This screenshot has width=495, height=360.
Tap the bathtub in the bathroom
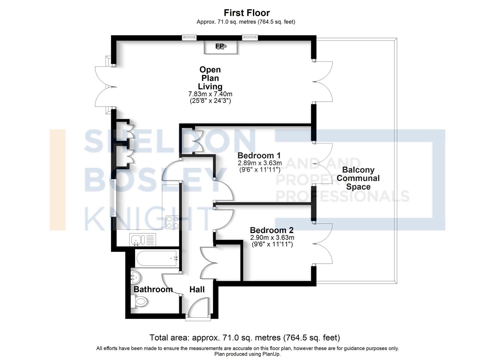click(157, 258)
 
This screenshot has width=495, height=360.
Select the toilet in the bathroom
click(139, 302)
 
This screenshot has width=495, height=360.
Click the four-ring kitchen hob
click(172, 222)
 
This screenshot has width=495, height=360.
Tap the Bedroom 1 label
click(259, 155)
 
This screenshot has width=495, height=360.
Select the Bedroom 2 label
click(271, 230)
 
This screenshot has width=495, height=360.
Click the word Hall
click(197, 290)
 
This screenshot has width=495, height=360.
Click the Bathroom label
click(153, 289)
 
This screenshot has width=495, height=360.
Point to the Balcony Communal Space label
click(358, 178)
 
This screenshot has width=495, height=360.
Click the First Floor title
click(247, 13)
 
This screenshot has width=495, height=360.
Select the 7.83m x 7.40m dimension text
click(210, 94)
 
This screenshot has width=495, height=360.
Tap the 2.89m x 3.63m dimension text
click(259, 163)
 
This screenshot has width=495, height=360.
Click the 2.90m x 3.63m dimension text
click(272, 238)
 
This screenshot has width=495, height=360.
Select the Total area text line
click(245, 338)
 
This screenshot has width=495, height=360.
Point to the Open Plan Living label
click(210, 78)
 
